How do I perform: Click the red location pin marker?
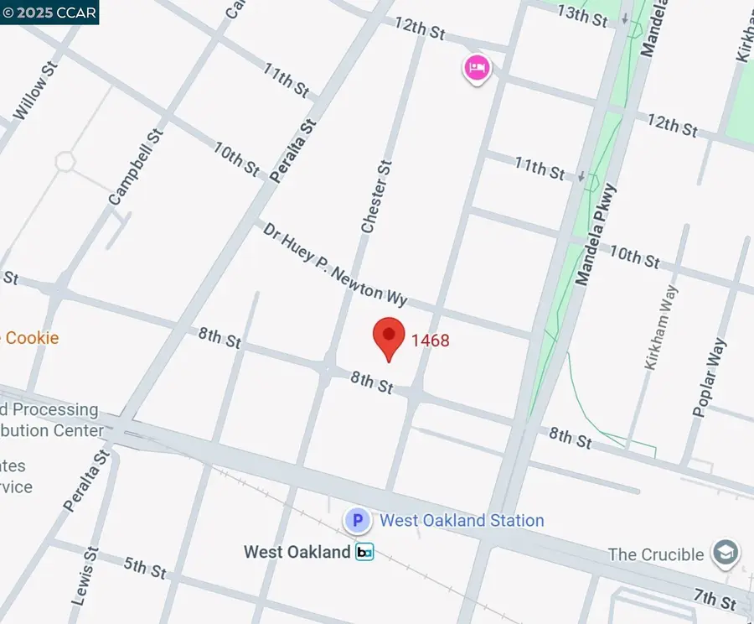coord(389,337)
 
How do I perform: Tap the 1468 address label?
coord(431,341)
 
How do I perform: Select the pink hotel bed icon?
coord(477,68)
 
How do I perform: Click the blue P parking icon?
coord(358,521)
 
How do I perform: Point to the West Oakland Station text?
coord(462,521)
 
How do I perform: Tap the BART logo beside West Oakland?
coord(364,552)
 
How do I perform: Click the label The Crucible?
coord(656,554)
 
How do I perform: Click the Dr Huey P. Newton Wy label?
coord(334,264)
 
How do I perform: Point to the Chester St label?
coord(376,197)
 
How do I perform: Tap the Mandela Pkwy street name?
coord(596,235)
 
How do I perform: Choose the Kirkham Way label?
coord(661,327)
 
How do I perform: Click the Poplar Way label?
coord(708,377)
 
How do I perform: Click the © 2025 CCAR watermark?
coord(49,12)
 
